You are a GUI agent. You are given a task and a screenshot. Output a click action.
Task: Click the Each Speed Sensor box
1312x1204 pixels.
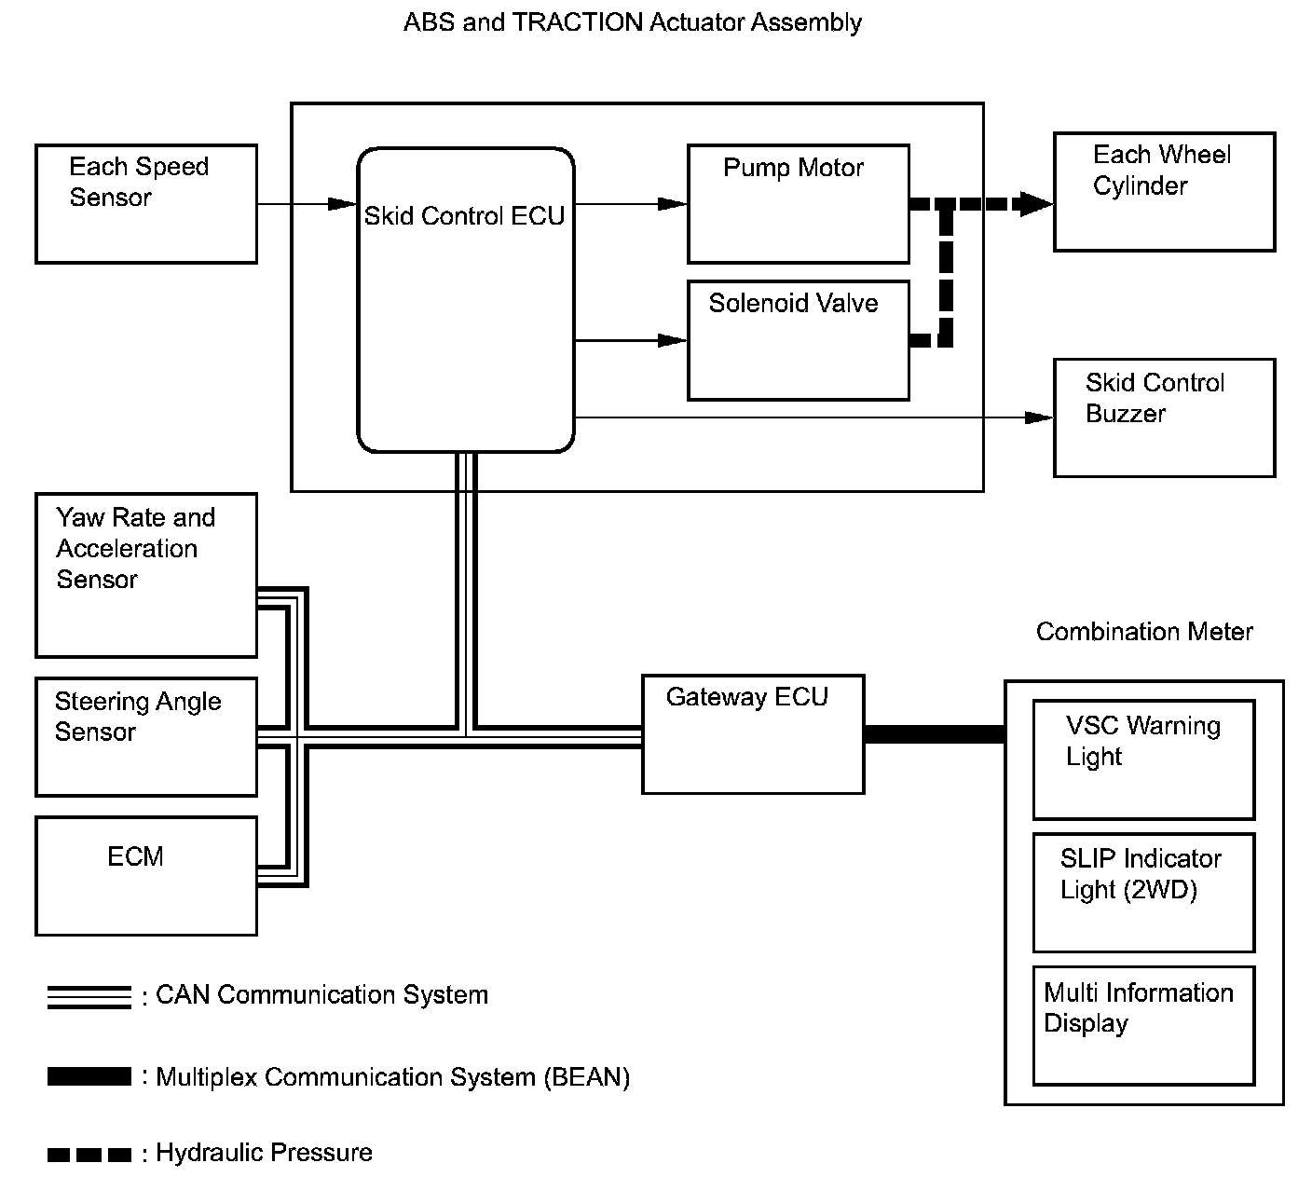point(146,204)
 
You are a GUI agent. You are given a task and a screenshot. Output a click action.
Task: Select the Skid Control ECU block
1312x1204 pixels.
point(466,300)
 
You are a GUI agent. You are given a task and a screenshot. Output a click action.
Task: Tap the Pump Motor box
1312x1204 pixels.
point(798,204)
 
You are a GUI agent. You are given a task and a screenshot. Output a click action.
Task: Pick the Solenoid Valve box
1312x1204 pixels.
point(798,340)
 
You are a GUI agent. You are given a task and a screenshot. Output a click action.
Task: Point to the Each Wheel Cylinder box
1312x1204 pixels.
point(1164,192)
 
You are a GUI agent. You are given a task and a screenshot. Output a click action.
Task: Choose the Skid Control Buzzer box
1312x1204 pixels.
point(1164,417)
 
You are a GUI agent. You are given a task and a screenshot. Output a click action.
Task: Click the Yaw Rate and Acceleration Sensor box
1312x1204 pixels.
point(146,575)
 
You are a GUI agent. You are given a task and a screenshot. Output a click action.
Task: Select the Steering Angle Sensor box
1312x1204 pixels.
point(146,737)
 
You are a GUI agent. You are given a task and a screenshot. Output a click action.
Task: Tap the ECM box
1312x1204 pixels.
point(146,876)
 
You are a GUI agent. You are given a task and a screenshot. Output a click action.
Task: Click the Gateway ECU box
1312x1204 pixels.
point(753,734)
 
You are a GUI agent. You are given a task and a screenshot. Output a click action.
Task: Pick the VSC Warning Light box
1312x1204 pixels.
point(1144,759)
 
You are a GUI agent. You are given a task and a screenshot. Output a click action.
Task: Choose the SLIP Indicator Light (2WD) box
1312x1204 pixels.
point(1144,893)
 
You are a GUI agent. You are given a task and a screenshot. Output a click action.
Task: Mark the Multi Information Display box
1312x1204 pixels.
point(1144,1025)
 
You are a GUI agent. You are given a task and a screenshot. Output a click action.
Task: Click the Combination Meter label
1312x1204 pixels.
point(1144,632)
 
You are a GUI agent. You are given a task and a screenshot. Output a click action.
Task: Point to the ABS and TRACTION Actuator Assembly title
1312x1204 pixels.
point(633,22)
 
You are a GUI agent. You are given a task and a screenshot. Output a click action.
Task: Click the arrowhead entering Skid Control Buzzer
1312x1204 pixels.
point(1039,417)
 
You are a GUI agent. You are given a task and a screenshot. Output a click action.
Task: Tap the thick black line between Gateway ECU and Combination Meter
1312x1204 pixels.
point(935,734)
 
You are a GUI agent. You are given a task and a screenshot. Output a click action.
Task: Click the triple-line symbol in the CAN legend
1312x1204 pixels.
point(89,997)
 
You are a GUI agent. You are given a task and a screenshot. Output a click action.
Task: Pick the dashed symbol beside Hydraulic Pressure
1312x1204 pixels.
point(89,1155)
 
